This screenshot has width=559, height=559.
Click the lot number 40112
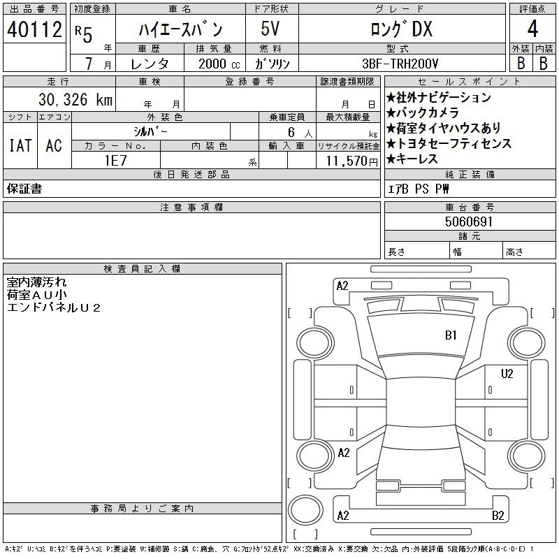pos(34,29)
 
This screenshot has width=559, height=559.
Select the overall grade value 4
pos(532,29)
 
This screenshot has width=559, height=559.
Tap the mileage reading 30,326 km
pos(75,99)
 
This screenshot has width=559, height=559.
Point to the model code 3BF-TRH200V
pos(400,64)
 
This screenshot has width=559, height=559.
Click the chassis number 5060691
pos(469,222)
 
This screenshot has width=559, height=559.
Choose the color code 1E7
pos(115,161)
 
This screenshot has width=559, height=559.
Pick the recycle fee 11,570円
pos(351,161)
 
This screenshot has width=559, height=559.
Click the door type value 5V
pos(270,29)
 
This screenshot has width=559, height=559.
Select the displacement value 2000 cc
pos(219,64)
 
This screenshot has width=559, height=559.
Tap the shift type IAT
pos(20,145)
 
